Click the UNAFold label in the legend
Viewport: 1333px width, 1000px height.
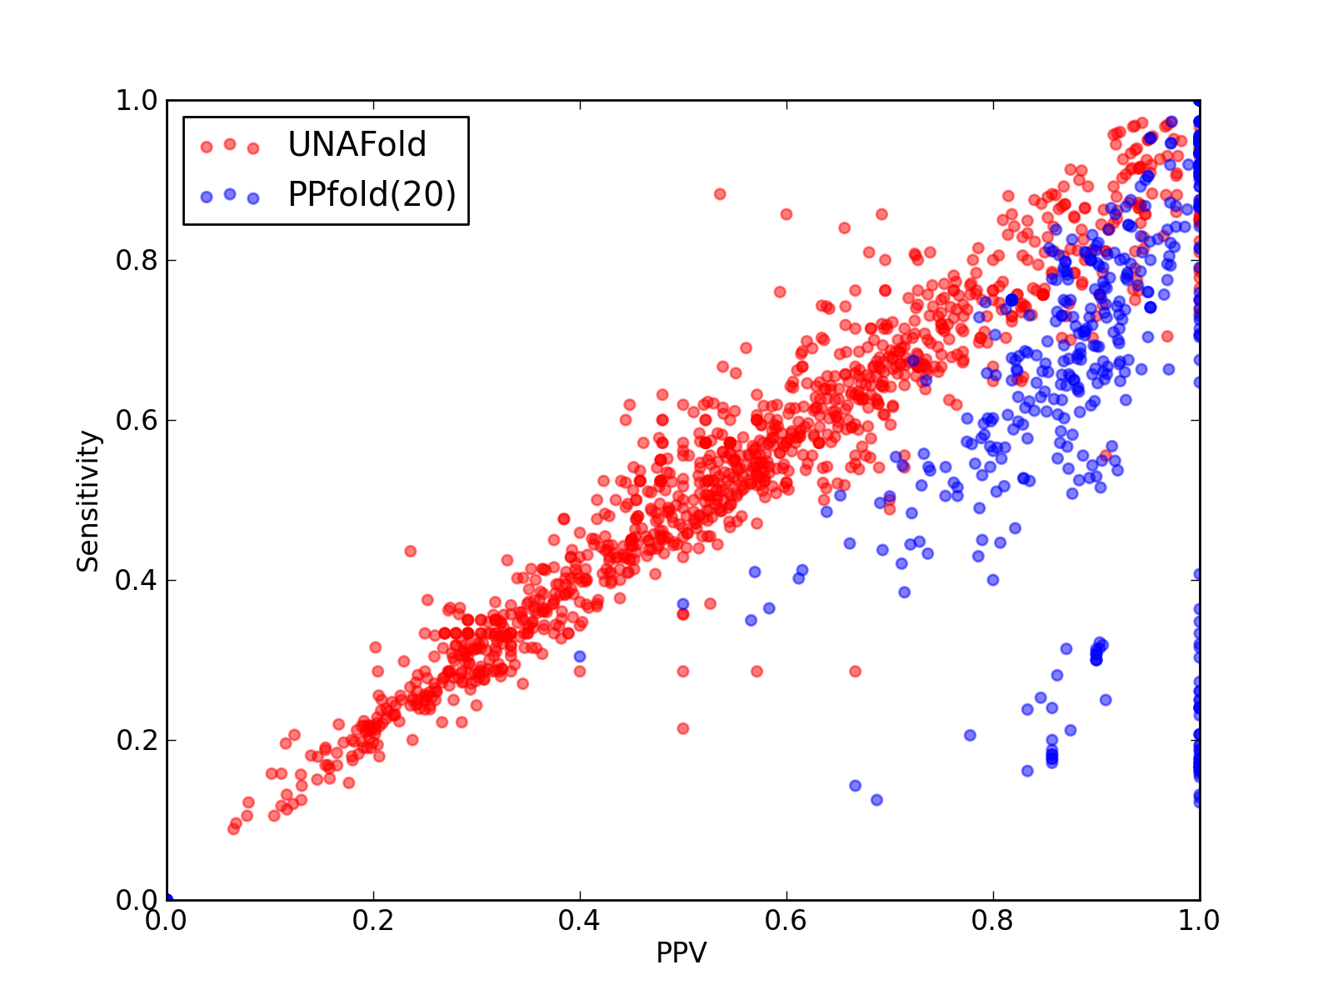click(357, 144)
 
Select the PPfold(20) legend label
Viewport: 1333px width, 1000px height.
click(372, 194)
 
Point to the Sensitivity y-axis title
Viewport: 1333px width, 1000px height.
click(88, 501)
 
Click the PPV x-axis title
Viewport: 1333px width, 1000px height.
click(681, 952)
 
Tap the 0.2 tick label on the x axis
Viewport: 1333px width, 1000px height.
click(373, 921)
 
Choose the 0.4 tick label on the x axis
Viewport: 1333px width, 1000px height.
click(579, 921)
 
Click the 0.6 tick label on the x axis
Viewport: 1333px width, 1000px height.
click(786, 921)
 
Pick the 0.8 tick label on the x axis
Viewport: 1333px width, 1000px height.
click(992, 921)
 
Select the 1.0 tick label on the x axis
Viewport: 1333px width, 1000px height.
click(1199, 921)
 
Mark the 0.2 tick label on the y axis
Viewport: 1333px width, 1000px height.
click(137, 740)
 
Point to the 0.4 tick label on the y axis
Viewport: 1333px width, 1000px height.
click(137, 581)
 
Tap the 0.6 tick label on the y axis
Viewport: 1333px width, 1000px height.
click(137, 420)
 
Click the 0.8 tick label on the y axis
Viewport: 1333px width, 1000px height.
click(137, 261)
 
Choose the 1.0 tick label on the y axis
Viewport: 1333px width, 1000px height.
click(137, 100)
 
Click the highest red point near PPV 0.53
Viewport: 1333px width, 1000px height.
click(720, 194)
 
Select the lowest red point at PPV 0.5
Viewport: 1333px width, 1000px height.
click(683, 728)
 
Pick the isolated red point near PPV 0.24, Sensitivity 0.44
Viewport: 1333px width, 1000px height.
click(411, 552)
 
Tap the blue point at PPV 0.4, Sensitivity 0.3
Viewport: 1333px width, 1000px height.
click(580, 657)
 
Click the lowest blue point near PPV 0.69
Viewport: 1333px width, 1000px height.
click(877, 800)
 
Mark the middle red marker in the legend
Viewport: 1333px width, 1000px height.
click(230, 144)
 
